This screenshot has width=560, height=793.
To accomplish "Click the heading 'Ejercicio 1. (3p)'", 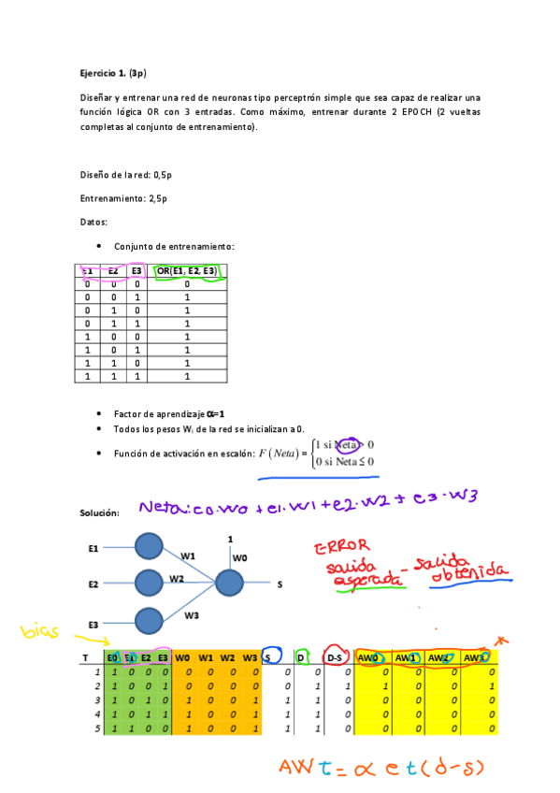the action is (112, 72).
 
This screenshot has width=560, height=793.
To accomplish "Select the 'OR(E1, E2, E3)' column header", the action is (187, 271).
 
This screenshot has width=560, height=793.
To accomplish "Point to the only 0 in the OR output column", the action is (187, 283).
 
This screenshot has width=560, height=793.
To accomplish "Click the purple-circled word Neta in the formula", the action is (348, 445).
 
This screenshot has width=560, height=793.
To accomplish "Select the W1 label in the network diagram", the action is (188, 556).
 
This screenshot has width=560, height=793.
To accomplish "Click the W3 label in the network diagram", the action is (192, 614).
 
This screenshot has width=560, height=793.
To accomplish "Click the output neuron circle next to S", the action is (228, 584).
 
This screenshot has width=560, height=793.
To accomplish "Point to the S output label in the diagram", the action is (279, 584).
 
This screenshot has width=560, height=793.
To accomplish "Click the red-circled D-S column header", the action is (333, 658).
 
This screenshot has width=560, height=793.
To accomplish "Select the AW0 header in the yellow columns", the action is (368, 658).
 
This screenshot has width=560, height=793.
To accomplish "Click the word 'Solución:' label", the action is (100, 513).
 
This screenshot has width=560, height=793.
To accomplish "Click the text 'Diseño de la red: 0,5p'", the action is (126, 175).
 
